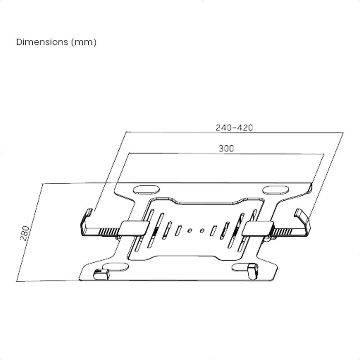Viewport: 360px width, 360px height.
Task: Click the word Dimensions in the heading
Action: pyautogui.click(x=42, y=42)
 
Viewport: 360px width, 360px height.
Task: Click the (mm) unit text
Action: pyautogui.click(x=84, y=42)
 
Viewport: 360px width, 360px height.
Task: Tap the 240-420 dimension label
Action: pyautogui.click(x=234, y=128)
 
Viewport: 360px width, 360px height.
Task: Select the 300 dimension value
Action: pyautogui.click(x=226, y=148)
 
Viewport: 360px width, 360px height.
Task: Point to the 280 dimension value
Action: pyautogui.click(x=25, y=233)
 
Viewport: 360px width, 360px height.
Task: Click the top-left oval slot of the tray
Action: pyautogui.click(x=147, y=190)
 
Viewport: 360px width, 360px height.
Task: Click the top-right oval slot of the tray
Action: pyautogui.click(x=275, y=190)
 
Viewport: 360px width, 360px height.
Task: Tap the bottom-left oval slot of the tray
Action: pyautogui.click(x=116, y=267)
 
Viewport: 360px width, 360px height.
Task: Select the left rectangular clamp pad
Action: pyautogui.click(x=135, y=228)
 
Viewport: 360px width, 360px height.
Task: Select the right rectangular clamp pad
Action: pyautogui.click(x=257, y=229)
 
